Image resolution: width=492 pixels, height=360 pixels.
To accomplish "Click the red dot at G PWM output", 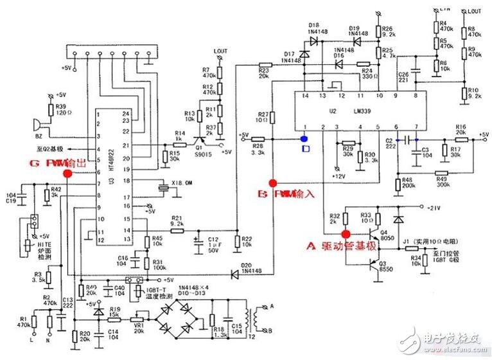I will [67, 172].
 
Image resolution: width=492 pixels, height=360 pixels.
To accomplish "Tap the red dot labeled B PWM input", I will [273, 183].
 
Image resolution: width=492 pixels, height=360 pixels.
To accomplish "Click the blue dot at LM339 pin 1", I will [305, 137].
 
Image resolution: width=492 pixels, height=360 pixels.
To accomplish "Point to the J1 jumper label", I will [406, 242].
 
